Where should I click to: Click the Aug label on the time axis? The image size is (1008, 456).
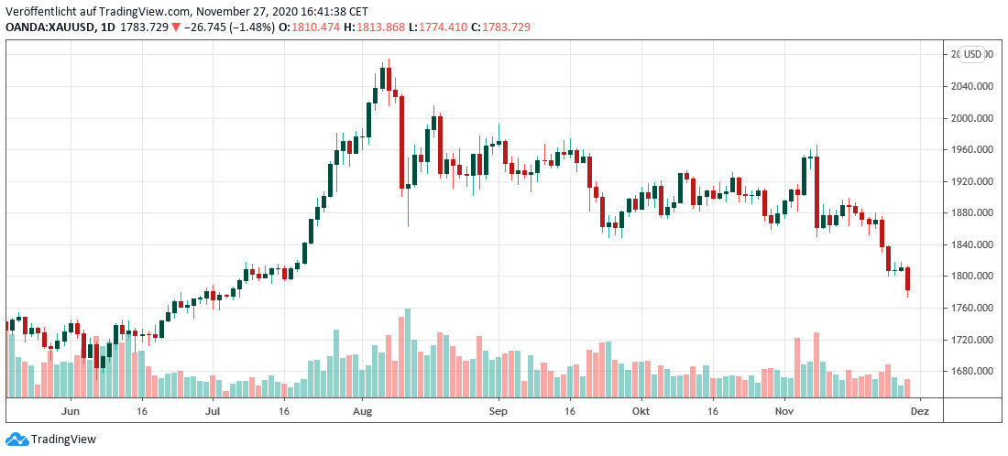362,411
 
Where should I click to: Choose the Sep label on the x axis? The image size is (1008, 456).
499,411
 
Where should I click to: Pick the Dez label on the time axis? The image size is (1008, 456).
919,411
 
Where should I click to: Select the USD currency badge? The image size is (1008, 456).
971,54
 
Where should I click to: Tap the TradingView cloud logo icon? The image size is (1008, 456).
16,439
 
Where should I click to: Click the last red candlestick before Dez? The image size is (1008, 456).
907,279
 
